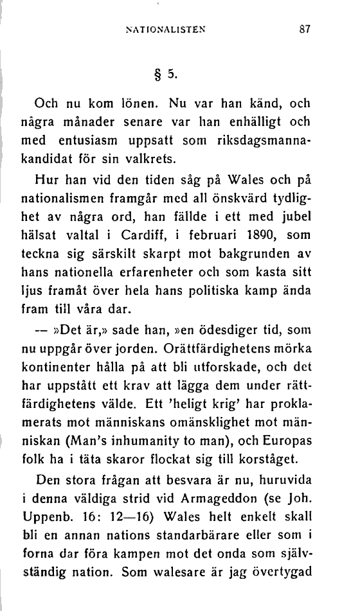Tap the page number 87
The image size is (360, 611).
306,28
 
